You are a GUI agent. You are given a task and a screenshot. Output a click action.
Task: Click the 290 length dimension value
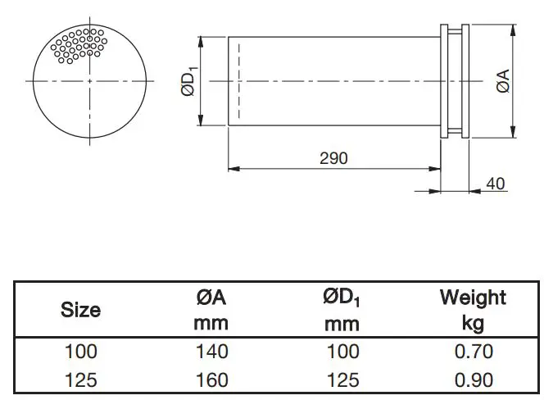pos(333,157)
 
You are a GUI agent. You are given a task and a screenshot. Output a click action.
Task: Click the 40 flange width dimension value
pos(496,183)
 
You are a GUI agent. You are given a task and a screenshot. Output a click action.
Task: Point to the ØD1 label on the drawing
pos(188,82)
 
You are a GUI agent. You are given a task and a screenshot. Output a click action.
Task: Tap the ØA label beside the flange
pos(504,81)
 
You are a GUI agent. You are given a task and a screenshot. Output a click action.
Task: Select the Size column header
pos(81,310)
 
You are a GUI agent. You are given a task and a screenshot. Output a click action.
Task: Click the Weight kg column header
pos(473,309)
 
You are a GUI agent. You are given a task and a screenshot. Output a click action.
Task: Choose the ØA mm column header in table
pos(211,310)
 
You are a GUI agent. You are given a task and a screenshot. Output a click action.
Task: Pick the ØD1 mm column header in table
pos(342,310)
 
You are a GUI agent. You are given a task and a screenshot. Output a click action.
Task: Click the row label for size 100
pos(81,352)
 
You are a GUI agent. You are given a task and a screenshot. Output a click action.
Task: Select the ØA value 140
pos(211,352)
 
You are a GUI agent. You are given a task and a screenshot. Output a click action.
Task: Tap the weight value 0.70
pos(473,352)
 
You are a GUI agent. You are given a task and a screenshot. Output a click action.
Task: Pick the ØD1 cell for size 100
pos(342,352)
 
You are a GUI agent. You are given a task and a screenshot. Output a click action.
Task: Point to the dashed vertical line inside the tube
pos(238,81)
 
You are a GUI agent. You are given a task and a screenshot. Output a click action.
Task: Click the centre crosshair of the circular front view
pos(91,81)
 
